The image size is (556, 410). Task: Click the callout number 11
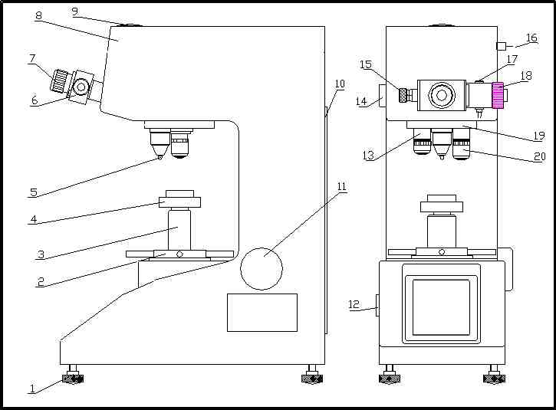(x=341, y=187)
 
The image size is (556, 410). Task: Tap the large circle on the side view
(x=262, y=268)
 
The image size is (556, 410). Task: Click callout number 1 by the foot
(x=32, y=389)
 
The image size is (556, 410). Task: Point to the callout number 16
(x=531, y=38)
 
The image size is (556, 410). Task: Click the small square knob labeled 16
(x=501, y=46)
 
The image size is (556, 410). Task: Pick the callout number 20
(x=540, y=157)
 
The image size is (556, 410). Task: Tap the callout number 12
(x=354, y=305)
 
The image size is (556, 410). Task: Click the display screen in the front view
(x=441, y=307)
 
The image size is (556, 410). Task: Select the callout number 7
(x=32, y=58)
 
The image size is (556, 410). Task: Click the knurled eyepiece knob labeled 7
(x=59, y=80)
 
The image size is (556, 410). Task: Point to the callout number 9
(x=74, y=11)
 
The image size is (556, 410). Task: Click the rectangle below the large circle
(x=262, y=312)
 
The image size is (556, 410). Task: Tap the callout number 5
(x=33, y=192)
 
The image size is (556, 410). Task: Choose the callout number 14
(x=361, y=101)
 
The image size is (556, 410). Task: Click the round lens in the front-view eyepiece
(x=441, y=95)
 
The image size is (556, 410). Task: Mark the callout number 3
(x=41, y=254)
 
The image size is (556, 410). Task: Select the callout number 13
(x=368, y=156)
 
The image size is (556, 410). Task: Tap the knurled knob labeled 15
(x=403, y=95)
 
